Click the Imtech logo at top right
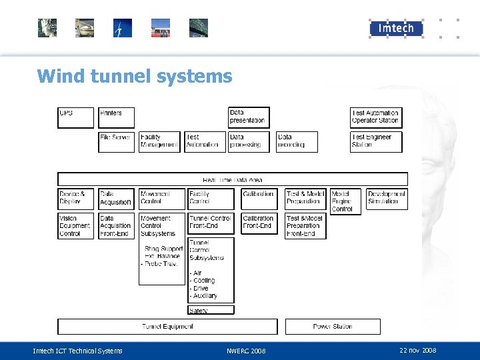pos(396,28)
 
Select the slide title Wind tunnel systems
pos(135,76)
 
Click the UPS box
pos(75,117)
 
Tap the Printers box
pos(116,117)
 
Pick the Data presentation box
pos(249,117)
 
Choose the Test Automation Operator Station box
pos(376,117)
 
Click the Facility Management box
pos(159,141)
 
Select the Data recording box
pos(297,141)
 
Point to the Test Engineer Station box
pos(376,141)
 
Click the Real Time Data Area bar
pos(232,179)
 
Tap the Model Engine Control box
pos(345,201)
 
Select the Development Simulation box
pos(387,199)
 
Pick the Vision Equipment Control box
pos(76,226)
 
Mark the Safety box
pos(211,310)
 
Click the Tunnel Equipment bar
pos(167,327)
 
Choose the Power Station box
pos(333,327)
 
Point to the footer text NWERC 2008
pos(246,351)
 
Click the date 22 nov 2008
pos(417,351)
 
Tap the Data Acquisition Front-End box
pos(116,226)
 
